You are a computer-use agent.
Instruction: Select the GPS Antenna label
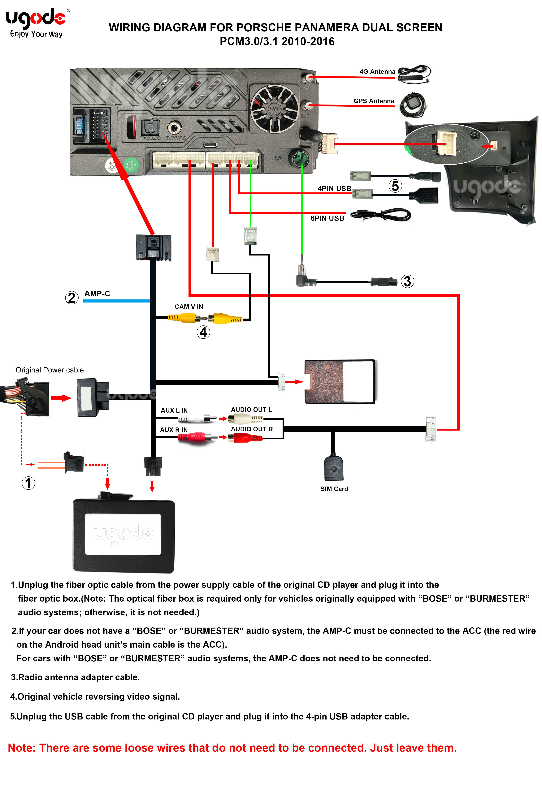tap(374, 101)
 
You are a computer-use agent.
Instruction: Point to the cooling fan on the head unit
tap(274, 108)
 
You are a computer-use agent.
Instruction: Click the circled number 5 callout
tap(395, 186)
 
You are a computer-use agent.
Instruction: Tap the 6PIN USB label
tap(327, 218)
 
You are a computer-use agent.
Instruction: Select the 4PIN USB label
tap(334, 189)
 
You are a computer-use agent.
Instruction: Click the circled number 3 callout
tap(407, 281)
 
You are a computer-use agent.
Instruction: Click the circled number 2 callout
tap(72, 298)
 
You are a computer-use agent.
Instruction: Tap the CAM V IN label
tap(189, 307)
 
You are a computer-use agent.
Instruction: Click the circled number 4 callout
tap(203, 332)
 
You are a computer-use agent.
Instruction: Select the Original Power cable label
tap(50, 370)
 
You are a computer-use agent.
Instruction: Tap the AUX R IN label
tap(174, 430)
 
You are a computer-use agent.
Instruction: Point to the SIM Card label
tap(334, 489)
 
